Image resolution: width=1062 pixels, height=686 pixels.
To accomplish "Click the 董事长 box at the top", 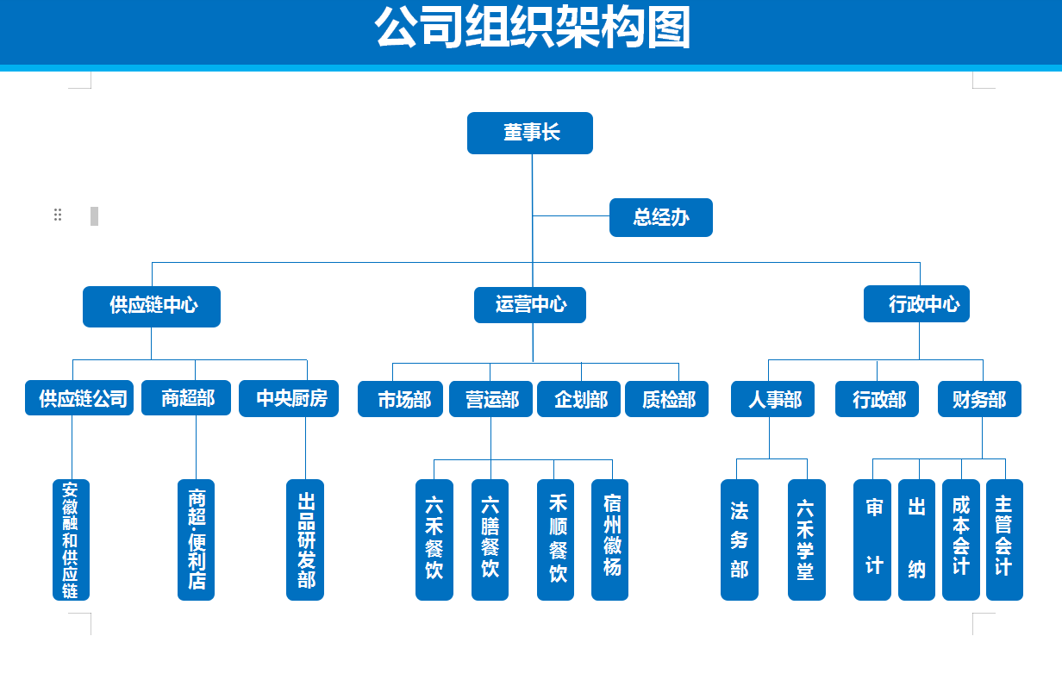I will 530,133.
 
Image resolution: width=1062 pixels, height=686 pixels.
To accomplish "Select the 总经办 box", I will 661,217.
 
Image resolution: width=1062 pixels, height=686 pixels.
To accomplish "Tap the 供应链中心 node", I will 152,306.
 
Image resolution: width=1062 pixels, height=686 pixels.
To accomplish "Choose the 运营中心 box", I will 530,305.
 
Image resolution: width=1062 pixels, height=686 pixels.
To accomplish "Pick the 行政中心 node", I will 917,304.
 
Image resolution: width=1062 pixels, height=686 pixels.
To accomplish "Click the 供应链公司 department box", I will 79,399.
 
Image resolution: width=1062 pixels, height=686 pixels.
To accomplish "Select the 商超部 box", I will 186,399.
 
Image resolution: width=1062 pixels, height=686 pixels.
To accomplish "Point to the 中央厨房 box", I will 289,399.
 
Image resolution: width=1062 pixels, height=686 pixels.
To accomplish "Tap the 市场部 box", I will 401,400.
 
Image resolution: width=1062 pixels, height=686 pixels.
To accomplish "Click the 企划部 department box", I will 579,400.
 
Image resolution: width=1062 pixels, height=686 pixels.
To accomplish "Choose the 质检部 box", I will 667,400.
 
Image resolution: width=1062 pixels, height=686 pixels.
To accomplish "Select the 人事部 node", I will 773,400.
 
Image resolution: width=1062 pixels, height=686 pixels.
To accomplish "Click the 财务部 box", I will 980,400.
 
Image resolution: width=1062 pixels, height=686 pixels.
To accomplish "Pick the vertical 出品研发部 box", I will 305,539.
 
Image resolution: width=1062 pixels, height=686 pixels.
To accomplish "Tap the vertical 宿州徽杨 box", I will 610,539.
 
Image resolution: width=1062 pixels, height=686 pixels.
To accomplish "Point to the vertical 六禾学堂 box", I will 807,539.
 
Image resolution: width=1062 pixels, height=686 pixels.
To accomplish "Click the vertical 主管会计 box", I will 1004,539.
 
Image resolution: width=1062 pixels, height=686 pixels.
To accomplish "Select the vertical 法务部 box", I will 740,539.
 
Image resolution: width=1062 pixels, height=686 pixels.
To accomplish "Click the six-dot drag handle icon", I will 58,215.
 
